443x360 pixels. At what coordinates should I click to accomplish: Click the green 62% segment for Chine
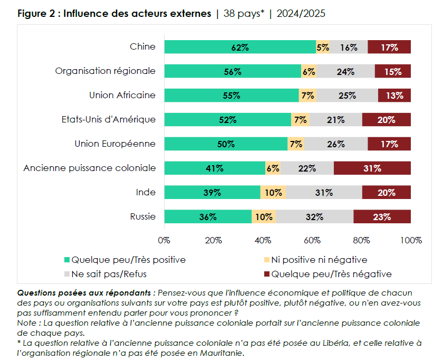(240, 47)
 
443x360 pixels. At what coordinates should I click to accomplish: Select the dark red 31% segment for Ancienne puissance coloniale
(372, 168)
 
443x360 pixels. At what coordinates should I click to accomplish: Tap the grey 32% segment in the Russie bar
(315, 216)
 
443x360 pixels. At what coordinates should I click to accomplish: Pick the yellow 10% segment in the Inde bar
(273, 193)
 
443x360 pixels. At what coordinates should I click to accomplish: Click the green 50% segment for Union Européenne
(226, 144)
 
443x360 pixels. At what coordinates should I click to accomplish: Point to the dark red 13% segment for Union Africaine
(394, 96)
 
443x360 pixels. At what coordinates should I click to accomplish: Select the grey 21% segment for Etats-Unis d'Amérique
(336, 120)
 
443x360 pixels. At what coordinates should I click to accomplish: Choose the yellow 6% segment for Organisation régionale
(309, 71)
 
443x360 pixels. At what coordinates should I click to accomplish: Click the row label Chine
(142, 46)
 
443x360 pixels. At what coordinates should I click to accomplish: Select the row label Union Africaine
(122, 95)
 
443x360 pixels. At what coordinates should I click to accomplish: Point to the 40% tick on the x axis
(263, 240)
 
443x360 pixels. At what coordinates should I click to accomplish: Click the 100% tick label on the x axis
(411, 240)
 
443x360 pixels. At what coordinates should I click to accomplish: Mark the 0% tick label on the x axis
(164, 240)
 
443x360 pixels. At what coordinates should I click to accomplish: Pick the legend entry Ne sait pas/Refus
(109, 274)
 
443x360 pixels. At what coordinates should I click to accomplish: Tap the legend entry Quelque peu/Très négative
(331, 274)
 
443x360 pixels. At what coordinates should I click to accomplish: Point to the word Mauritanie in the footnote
(223, 353)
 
